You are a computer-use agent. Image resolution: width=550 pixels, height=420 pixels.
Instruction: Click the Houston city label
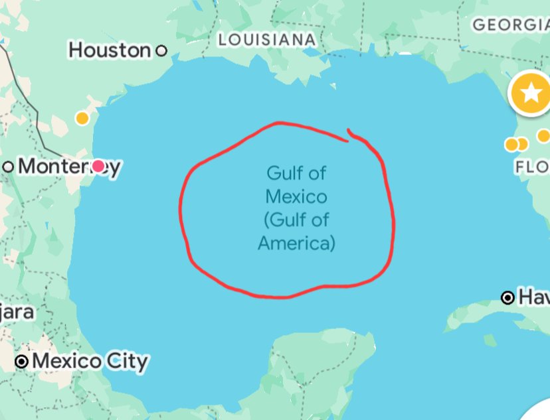tap(110, 50)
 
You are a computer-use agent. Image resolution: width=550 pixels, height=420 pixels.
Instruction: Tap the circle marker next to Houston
tap(161, 50)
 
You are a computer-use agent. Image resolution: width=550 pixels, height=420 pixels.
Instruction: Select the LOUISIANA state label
tap(267, 40)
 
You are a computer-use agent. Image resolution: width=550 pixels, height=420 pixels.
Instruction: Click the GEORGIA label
tap(510, 25)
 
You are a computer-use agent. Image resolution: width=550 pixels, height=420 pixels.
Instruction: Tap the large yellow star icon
tap(530, 93)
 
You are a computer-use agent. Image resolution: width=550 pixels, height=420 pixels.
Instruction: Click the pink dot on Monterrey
tap(98, 166)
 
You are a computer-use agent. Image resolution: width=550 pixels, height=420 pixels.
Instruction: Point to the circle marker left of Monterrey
tap(8, 166)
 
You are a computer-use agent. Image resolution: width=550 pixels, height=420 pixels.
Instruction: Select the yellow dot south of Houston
tap(82, 118)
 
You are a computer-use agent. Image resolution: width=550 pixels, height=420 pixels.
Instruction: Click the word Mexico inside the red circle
tap(296, 197)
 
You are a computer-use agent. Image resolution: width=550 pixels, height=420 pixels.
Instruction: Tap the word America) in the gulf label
tap(296, 244)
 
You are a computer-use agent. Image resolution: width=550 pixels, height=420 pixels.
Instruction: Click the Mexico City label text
tap(90, 362)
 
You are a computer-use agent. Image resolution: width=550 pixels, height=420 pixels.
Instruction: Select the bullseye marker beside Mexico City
tap(23, 362)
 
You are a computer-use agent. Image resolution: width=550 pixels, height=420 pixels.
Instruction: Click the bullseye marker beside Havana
tap(508, 298)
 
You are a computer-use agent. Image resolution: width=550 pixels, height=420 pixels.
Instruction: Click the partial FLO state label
tap(531, 166)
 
